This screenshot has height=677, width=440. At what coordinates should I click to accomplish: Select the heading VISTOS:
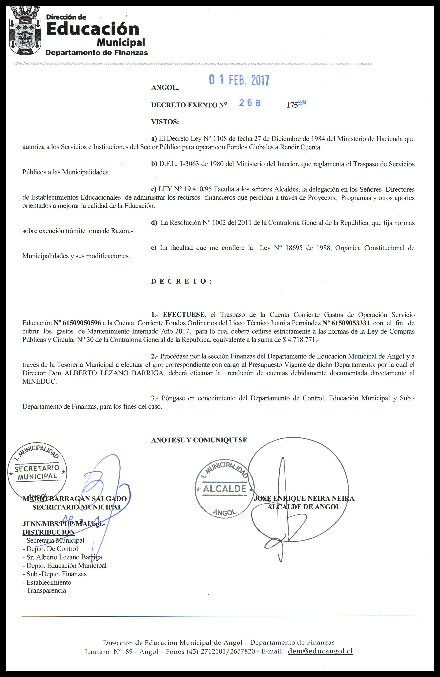click(x=165, y=122)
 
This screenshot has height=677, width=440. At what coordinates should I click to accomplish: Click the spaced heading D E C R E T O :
click(x=181, y=281)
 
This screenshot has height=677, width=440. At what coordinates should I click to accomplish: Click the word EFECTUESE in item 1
click(x=185, y=315)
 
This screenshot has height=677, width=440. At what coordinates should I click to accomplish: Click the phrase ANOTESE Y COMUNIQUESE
click(x=199, y=440)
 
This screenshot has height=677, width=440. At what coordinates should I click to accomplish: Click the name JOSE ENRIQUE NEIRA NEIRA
click(x=304, y=498)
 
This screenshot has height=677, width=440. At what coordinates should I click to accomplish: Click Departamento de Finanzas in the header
click(x=97, y=53)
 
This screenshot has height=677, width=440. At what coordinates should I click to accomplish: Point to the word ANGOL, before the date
click(x=165, y=88)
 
